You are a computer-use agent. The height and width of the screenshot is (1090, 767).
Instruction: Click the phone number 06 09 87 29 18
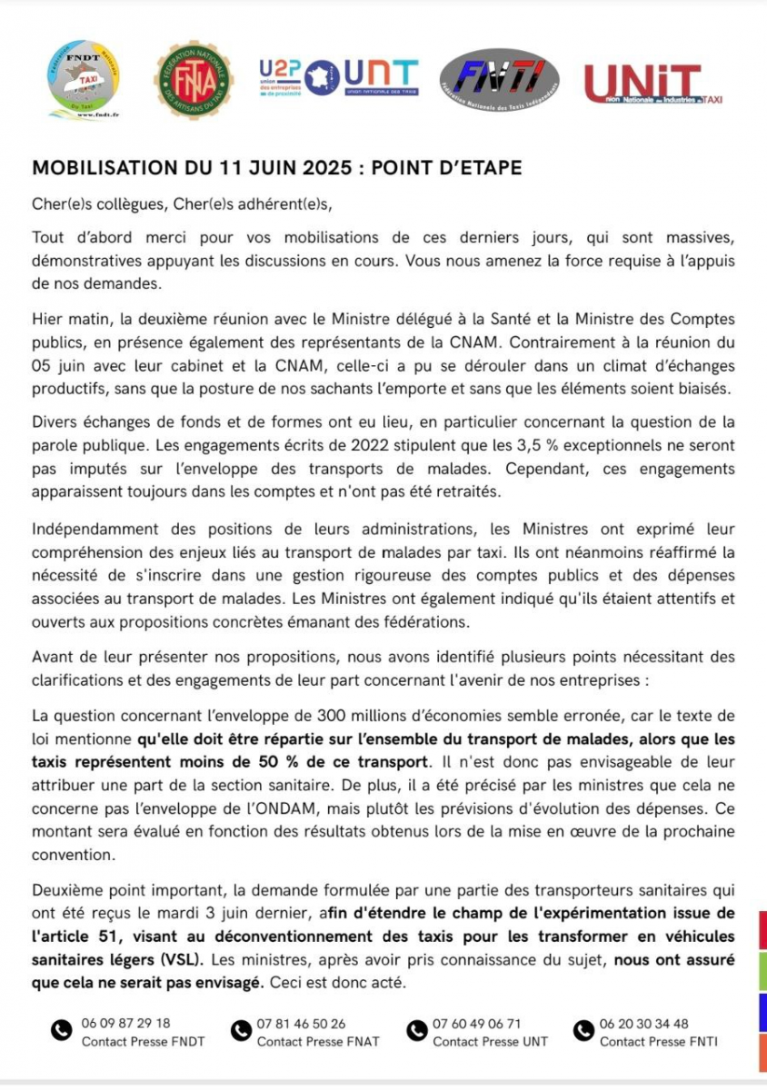point(125,1023)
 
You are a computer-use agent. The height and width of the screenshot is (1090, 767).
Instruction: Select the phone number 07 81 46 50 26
point(301,1023)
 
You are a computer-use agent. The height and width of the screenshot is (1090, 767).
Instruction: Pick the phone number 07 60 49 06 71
point(477,1023)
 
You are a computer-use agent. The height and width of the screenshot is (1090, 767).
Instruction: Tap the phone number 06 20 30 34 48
point(644,1023)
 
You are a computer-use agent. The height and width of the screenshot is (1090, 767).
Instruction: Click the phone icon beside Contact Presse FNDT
point(61,1030)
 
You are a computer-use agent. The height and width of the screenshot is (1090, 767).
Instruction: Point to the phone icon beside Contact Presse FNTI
point(583,1030)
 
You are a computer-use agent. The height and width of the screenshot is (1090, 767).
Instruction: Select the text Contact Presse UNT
point(490,1041)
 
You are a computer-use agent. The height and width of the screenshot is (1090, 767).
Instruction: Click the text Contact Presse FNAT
point(317,1041)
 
